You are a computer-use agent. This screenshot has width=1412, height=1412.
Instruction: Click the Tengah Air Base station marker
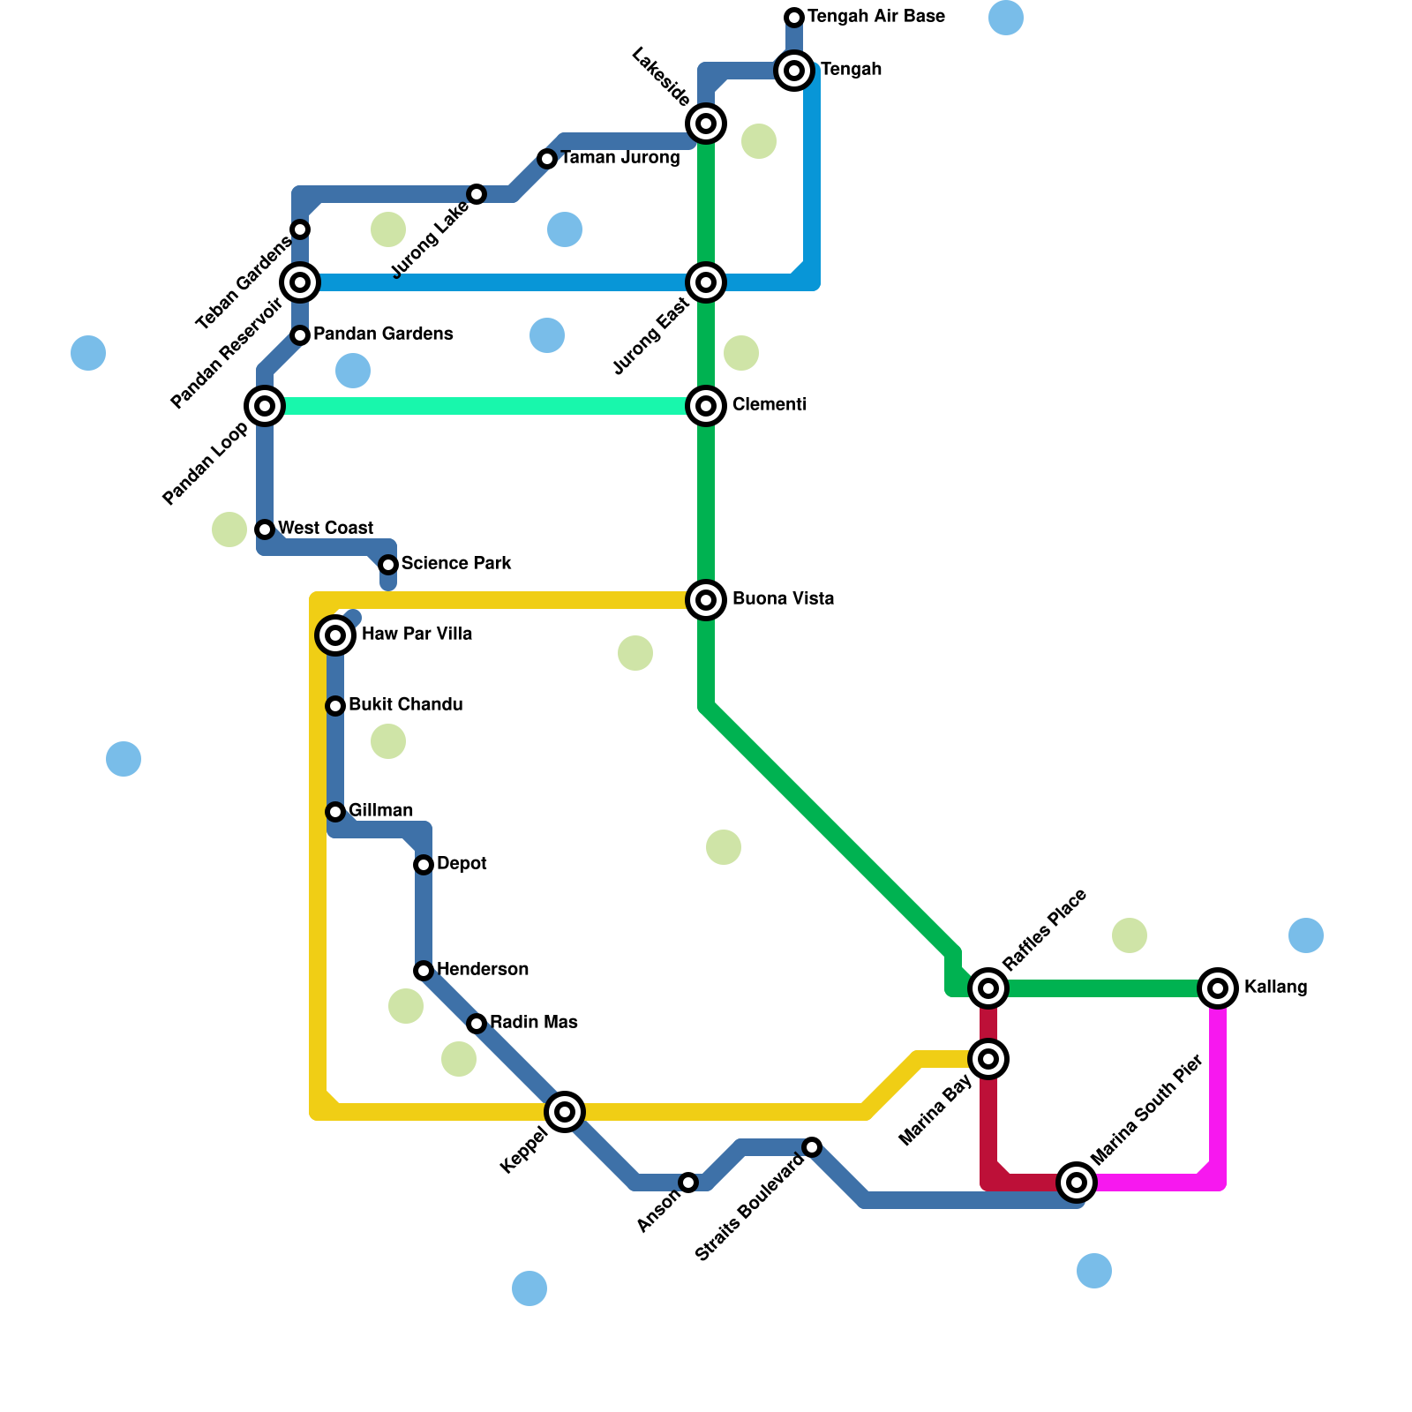pyautogui.click(x=794, y=18)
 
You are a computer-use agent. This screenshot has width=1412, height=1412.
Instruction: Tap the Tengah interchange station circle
pyautogui.click(x=794, y=71)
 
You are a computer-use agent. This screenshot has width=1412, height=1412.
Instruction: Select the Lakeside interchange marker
pyautogui.click(x=706, y=124)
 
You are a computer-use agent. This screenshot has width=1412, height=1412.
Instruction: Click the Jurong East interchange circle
pyautogui.click(x=706, y=282)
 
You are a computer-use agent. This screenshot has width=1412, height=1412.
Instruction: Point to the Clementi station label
pyautogui.click(x=769, y=405)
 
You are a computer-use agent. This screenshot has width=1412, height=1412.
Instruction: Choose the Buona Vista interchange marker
pyautogui.click(x=706, y=600)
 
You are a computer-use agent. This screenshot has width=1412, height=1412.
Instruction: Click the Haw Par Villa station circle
pyautogui.click(x=335, y=635)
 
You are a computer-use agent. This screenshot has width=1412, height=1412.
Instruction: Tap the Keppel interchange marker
pyautogui.click(x=565, y=1111)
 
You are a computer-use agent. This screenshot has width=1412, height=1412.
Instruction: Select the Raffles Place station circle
pyautogui.click(x=988, y=988)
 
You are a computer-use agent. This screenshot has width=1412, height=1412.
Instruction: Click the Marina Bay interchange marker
pyautogui.click(x=988, y=1059)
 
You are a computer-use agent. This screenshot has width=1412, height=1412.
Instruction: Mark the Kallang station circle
pyautogui.click(x=1218, y=988)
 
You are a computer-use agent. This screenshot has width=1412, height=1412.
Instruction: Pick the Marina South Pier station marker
pyautogui.click(x=1076, y=1182)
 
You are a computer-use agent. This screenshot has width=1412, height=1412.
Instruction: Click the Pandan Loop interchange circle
pyautogui.click(x=265, y=406)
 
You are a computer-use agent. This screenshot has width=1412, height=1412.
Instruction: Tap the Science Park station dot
pyautogui.click(x=388, y=565)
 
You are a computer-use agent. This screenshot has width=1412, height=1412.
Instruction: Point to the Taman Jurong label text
pyautogui.click(x=620, y=159)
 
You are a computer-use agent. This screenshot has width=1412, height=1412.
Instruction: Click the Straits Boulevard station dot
pyautogui.click(x=812, y=1147)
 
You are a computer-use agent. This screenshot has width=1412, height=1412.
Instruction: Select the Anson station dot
pyautogui.click(x=688, y=1182)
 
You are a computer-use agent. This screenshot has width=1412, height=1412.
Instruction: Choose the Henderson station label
pyautogui.click(x=483, y=970)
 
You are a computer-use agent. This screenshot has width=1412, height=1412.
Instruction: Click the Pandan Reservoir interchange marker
pyautogui.click(x=300, y=282)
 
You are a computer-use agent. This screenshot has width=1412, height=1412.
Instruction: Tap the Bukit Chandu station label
pyautogui.click(x=405, y=705)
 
